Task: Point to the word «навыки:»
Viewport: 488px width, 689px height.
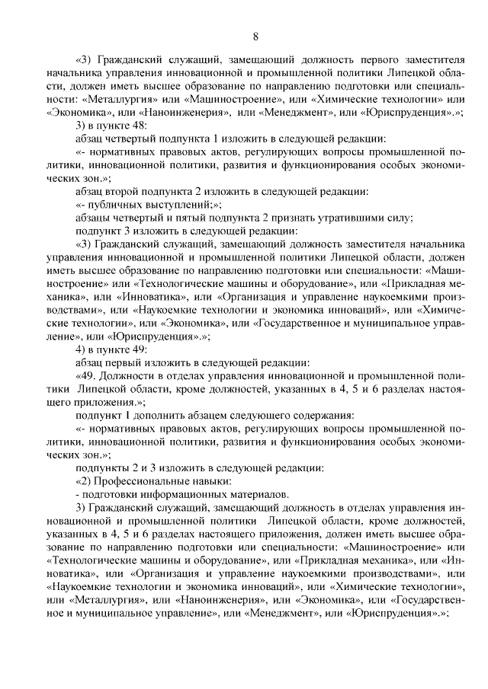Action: tap(204, 483)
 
